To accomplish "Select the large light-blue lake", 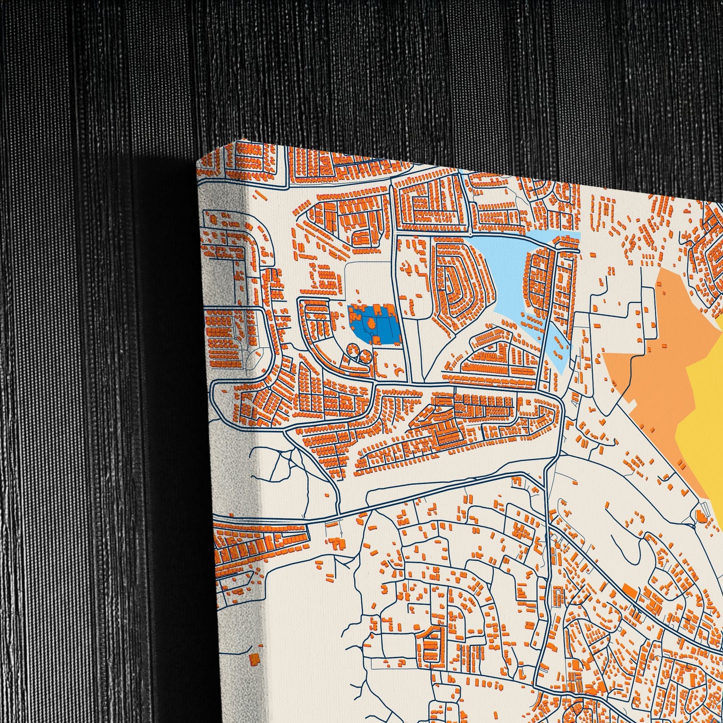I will click(500, 265).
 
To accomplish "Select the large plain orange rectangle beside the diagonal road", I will click(631, 592).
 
